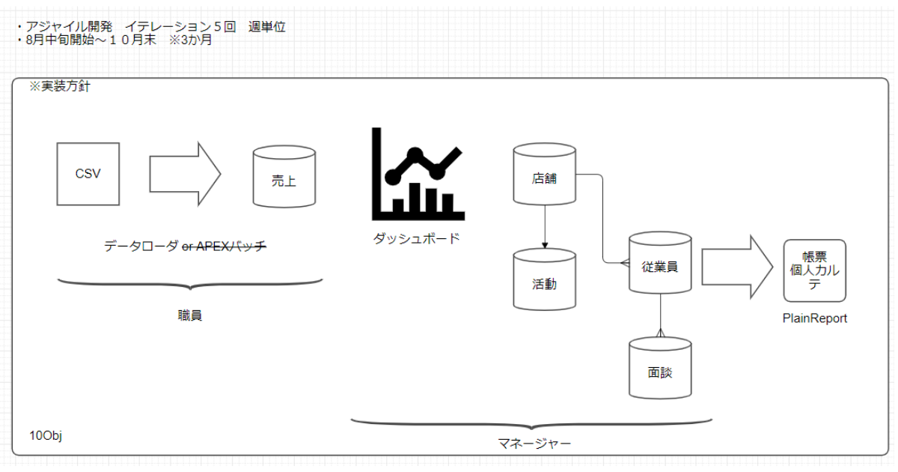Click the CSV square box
(88, 174)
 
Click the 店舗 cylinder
(544, 178)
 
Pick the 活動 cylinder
(544, 282)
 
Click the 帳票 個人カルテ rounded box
(814, 270)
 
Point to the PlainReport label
(814, 318)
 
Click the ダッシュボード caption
(416, 239)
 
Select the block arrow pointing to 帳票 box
(736, 266)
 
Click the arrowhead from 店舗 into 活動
(544, 245)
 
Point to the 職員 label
(189, 315)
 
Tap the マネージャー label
(534, 444)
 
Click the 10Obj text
(46, 436)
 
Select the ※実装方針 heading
(59, 87)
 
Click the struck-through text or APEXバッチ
(224, 246)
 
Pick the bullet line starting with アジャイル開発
(150, 27)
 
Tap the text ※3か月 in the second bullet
(191, 40)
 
